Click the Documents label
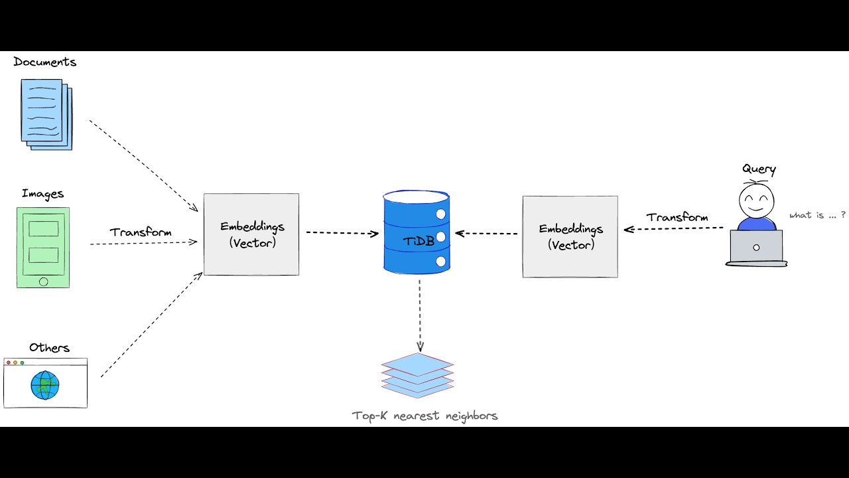[44, 62]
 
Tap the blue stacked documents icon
[46, 114]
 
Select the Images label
[42, 194]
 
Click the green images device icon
[43, 247]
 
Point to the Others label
[49, 348]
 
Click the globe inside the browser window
[45, 385]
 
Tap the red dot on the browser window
[8, 363]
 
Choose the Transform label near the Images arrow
[141, 232]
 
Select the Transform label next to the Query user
[677, 217]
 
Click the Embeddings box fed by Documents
[251, 234]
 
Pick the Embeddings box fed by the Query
[570, 236]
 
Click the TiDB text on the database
[419, 241]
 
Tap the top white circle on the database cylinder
[440, 214]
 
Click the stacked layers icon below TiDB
[417, 375]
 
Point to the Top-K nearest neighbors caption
[424, 416]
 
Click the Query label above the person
[759, 169]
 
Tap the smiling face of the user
[757, 199]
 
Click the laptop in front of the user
[756, 248]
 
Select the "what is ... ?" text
[817, 215]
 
